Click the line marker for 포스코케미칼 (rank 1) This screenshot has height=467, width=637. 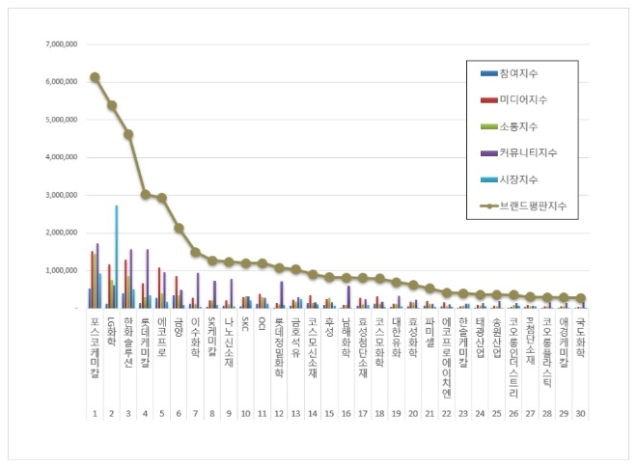tap(95, 77)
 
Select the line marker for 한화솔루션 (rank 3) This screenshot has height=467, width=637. tap(128, 134)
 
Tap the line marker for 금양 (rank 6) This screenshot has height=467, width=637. tap(179, 228)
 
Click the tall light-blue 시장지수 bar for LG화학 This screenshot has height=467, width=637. tap(117, 256)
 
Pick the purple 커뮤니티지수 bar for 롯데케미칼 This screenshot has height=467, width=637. tap(148, 278)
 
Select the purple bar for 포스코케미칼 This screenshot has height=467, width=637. tap(97, 275)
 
